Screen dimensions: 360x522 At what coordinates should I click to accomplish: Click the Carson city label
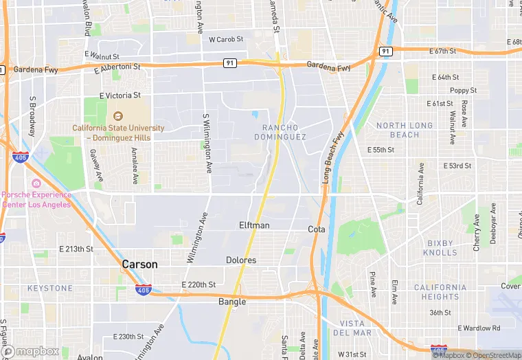point(139,265)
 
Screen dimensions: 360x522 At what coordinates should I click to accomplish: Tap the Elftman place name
point(254,225)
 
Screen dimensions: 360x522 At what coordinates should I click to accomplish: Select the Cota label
point(317,229)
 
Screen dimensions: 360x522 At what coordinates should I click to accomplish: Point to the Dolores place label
point(241,260)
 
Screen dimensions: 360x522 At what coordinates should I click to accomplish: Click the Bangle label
point(232,302)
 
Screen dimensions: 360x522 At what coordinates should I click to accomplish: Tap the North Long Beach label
point(405,130)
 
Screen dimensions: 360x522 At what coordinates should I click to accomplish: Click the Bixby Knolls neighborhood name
point(440,248)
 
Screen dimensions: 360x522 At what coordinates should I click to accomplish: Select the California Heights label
point(441,292)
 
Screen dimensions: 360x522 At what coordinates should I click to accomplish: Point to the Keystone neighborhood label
point(50,288)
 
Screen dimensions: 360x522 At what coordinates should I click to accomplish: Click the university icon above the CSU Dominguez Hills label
point(118,116)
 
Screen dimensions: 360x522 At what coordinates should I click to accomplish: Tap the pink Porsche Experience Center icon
point(36,183)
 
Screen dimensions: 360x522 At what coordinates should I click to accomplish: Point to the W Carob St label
point(226,40)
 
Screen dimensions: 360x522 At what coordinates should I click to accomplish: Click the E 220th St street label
point(198,284)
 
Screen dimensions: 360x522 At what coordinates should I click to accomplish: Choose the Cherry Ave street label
point(476,235)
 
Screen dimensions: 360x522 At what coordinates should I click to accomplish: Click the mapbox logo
point(31,351)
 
